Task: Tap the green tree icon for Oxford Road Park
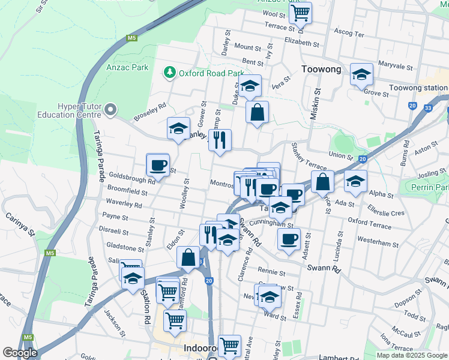coord(170,73)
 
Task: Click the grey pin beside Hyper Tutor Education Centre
coord(109,110)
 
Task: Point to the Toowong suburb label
coord(321,69)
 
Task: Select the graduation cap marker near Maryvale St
coord(361,74)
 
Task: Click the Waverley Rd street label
coord(126,204)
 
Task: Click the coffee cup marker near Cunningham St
coord(289,239)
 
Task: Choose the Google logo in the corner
coord(20,353)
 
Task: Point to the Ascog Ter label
coord(349,34)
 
